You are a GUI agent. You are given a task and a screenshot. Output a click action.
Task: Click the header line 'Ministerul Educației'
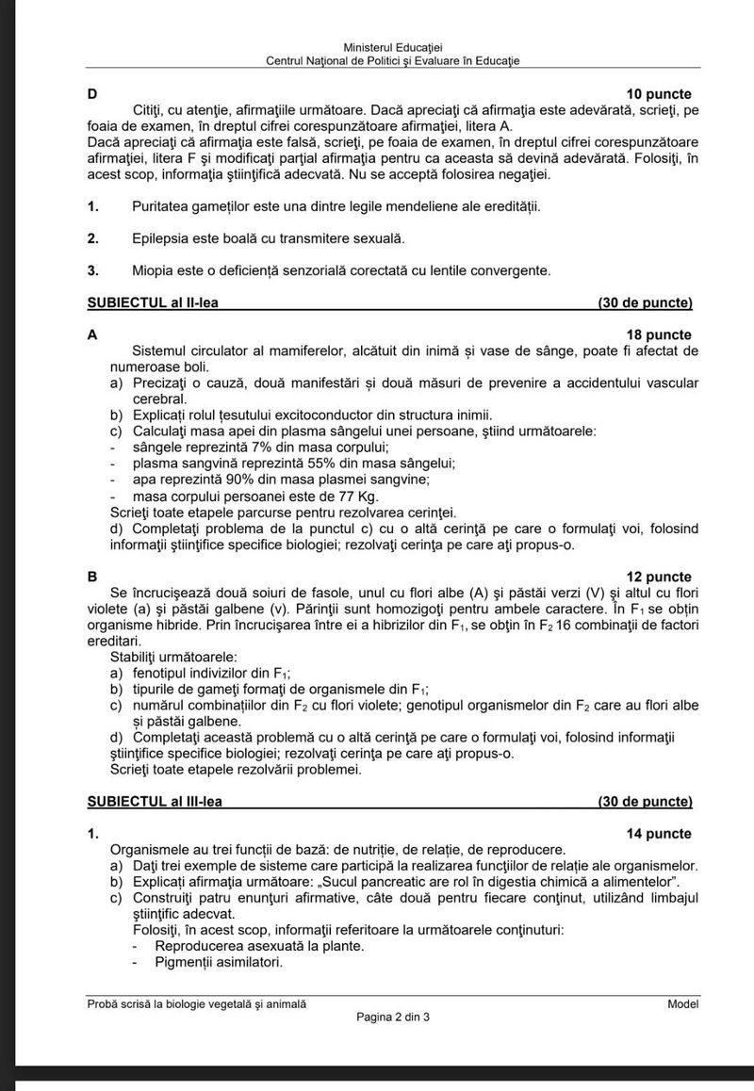click(x=394, y=47)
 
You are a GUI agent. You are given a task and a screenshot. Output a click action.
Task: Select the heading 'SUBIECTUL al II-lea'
click(x=157, y=302)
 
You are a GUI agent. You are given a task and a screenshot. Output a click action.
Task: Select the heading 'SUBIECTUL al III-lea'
click(x=159, y=802)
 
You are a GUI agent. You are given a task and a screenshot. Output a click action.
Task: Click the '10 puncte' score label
click(x=659, y=94)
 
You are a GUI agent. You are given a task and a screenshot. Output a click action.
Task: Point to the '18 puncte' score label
click(x=659, y=334)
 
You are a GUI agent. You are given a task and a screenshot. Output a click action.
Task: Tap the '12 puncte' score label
click(x=659, y=577)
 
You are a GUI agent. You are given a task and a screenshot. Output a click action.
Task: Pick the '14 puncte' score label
click(x=659, y=834)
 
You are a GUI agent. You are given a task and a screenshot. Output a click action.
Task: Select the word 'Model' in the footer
click(x=683, y=1004)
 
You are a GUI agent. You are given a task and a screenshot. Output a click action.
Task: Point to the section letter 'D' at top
click(x=92, y=94)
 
